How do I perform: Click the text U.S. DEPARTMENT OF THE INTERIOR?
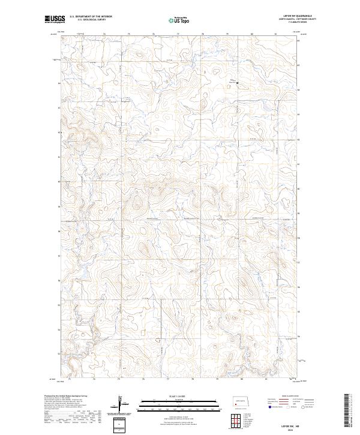[x=91, y=17]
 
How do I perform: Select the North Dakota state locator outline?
[x=241, y=400]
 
